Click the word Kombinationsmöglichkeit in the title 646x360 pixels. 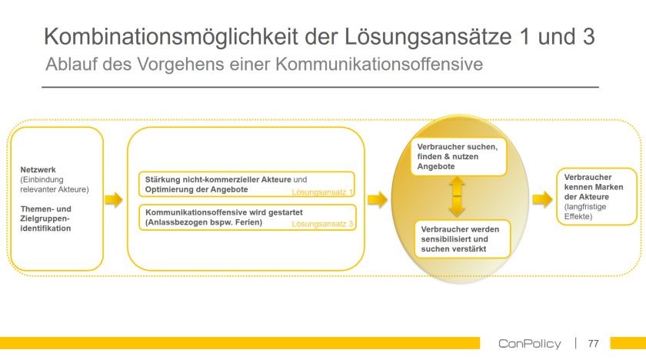tap(171, 36)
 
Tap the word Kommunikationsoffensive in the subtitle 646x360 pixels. tap(379, 64)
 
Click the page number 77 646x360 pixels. tap(593, 343)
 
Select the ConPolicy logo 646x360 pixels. tap(529, 344)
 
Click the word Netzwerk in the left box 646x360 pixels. tap(38, 170)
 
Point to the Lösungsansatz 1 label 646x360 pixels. tap(322, 192)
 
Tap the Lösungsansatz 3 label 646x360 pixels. tap(322, 224)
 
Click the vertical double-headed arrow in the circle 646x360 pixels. tap(457, 197)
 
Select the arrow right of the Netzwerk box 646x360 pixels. tap(113, 200)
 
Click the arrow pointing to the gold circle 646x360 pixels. tap(377, 200)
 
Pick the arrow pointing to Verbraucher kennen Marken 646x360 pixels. tap(542, 200)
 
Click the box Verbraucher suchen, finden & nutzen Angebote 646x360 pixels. tap(458, 157)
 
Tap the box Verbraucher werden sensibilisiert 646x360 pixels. tap(462, 239)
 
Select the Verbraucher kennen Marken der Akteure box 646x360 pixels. tap(597, 197)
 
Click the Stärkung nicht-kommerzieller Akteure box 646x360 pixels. tap(247, 185)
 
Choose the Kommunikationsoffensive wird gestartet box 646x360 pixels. tap(247, 218)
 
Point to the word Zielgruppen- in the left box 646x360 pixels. tap(45, 218)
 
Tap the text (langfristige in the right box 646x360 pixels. tap(585, 207)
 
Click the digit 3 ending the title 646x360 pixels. tap(588, 36)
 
